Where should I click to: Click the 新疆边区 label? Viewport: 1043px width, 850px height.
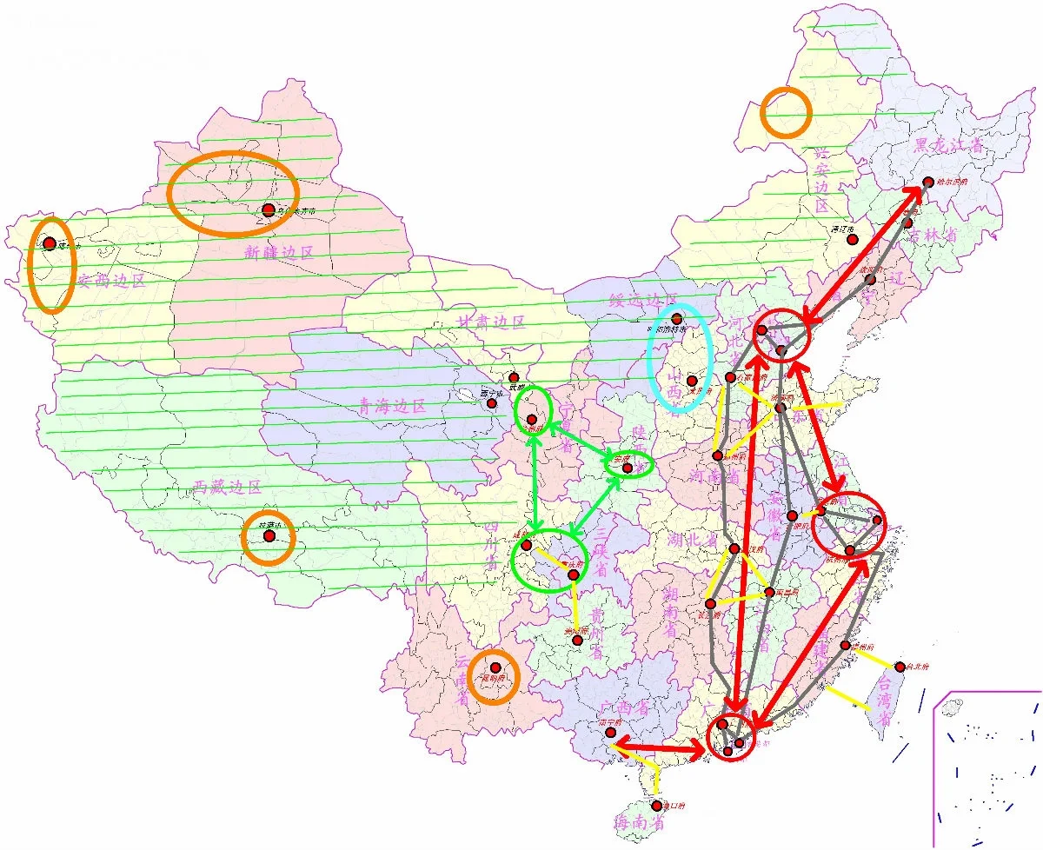point(278,253)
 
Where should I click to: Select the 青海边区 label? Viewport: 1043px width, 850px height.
point(393,406)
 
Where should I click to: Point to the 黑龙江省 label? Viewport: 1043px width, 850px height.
point(947,145)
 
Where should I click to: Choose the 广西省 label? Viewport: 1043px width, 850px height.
point(625,708)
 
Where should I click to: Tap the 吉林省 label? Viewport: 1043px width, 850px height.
point(940,236)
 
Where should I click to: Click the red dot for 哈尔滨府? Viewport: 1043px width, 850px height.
point(928,183)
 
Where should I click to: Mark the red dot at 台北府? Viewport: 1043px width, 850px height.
point(900,667)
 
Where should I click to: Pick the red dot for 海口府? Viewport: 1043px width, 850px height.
point(658,807)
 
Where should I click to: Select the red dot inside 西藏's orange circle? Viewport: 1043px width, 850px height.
point(269,536)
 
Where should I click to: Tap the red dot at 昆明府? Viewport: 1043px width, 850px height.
point(495,667)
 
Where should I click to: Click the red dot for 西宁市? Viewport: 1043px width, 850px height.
point(492,403)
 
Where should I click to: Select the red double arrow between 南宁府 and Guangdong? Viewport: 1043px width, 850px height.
point(657,747)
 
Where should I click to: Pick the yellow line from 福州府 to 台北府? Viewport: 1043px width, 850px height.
point(873,657)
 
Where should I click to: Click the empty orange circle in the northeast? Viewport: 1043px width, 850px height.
point(786,113)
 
